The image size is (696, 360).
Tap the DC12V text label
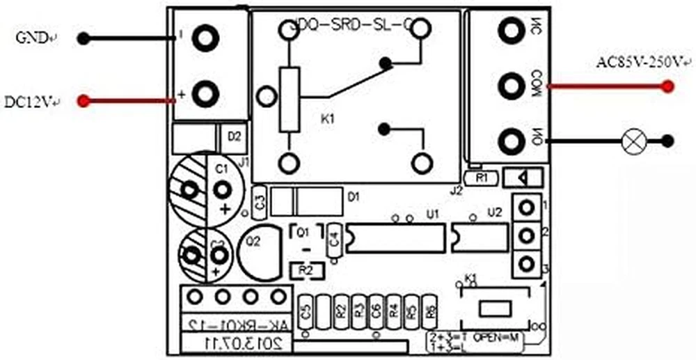[x=29, y=102]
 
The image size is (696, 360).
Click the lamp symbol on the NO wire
[x=633, y=141]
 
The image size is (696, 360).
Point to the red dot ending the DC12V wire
[x=84, y=101]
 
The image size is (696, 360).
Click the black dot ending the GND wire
[x=84, y=38]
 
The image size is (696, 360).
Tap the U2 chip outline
[x=479, y=237]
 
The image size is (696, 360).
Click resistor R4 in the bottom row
[x=393, y=311]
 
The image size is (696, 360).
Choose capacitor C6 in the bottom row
[x=376, y=311]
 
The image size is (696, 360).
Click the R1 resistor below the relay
[x=482, y=178]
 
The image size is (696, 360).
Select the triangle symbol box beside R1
[x=525, y=178]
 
